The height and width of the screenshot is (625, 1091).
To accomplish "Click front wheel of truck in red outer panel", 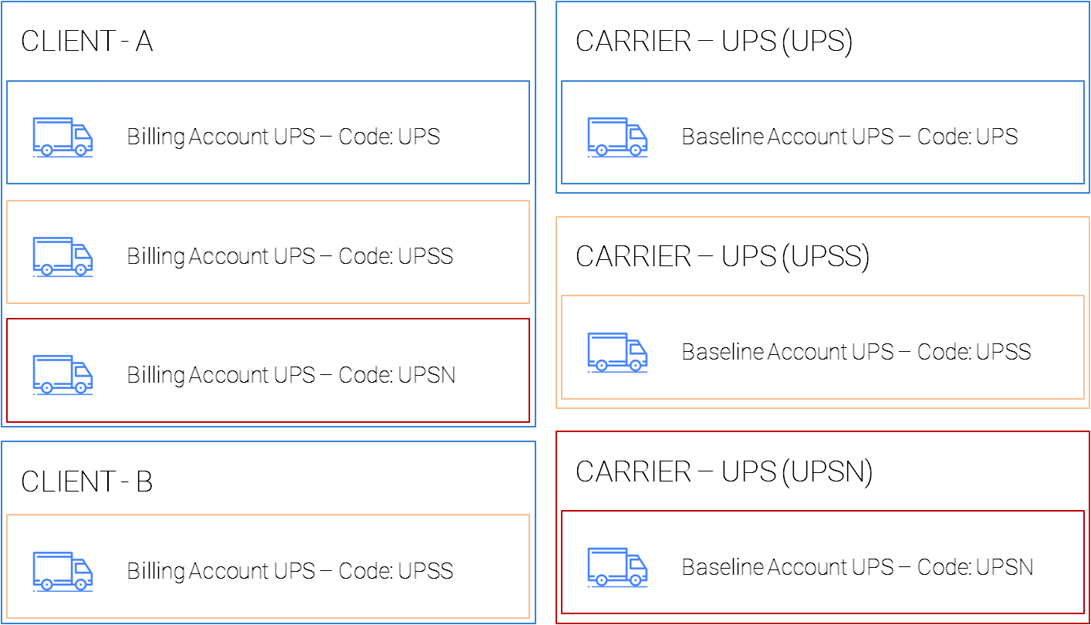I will tap(635, 580).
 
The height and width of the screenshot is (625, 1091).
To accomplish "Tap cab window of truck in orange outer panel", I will tap(637, 349).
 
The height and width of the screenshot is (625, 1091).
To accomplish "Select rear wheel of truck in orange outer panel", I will tap(601, 365).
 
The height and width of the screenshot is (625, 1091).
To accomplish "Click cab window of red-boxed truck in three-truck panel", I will tap(82, 371).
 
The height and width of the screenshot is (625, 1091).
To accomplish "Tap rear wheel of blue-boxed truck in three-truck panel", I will tap(46, 150).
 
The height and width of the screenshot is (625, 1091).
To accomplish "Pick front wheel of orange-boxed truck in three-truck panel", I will tap(80, 269).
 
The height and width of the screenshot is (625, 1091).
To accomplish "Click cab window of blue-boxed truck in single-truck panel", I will tap(637, 133).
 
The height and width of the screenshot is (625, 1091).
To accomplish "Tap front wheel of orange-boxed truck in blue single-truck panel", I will tap(80, 584).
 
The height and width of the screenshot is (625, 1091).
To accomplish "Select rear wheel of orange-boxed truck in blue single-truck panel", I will tap(46, 584).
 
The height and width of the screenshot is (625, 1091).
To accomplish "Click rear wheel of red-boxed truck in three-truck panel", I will tap(46, 387).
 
